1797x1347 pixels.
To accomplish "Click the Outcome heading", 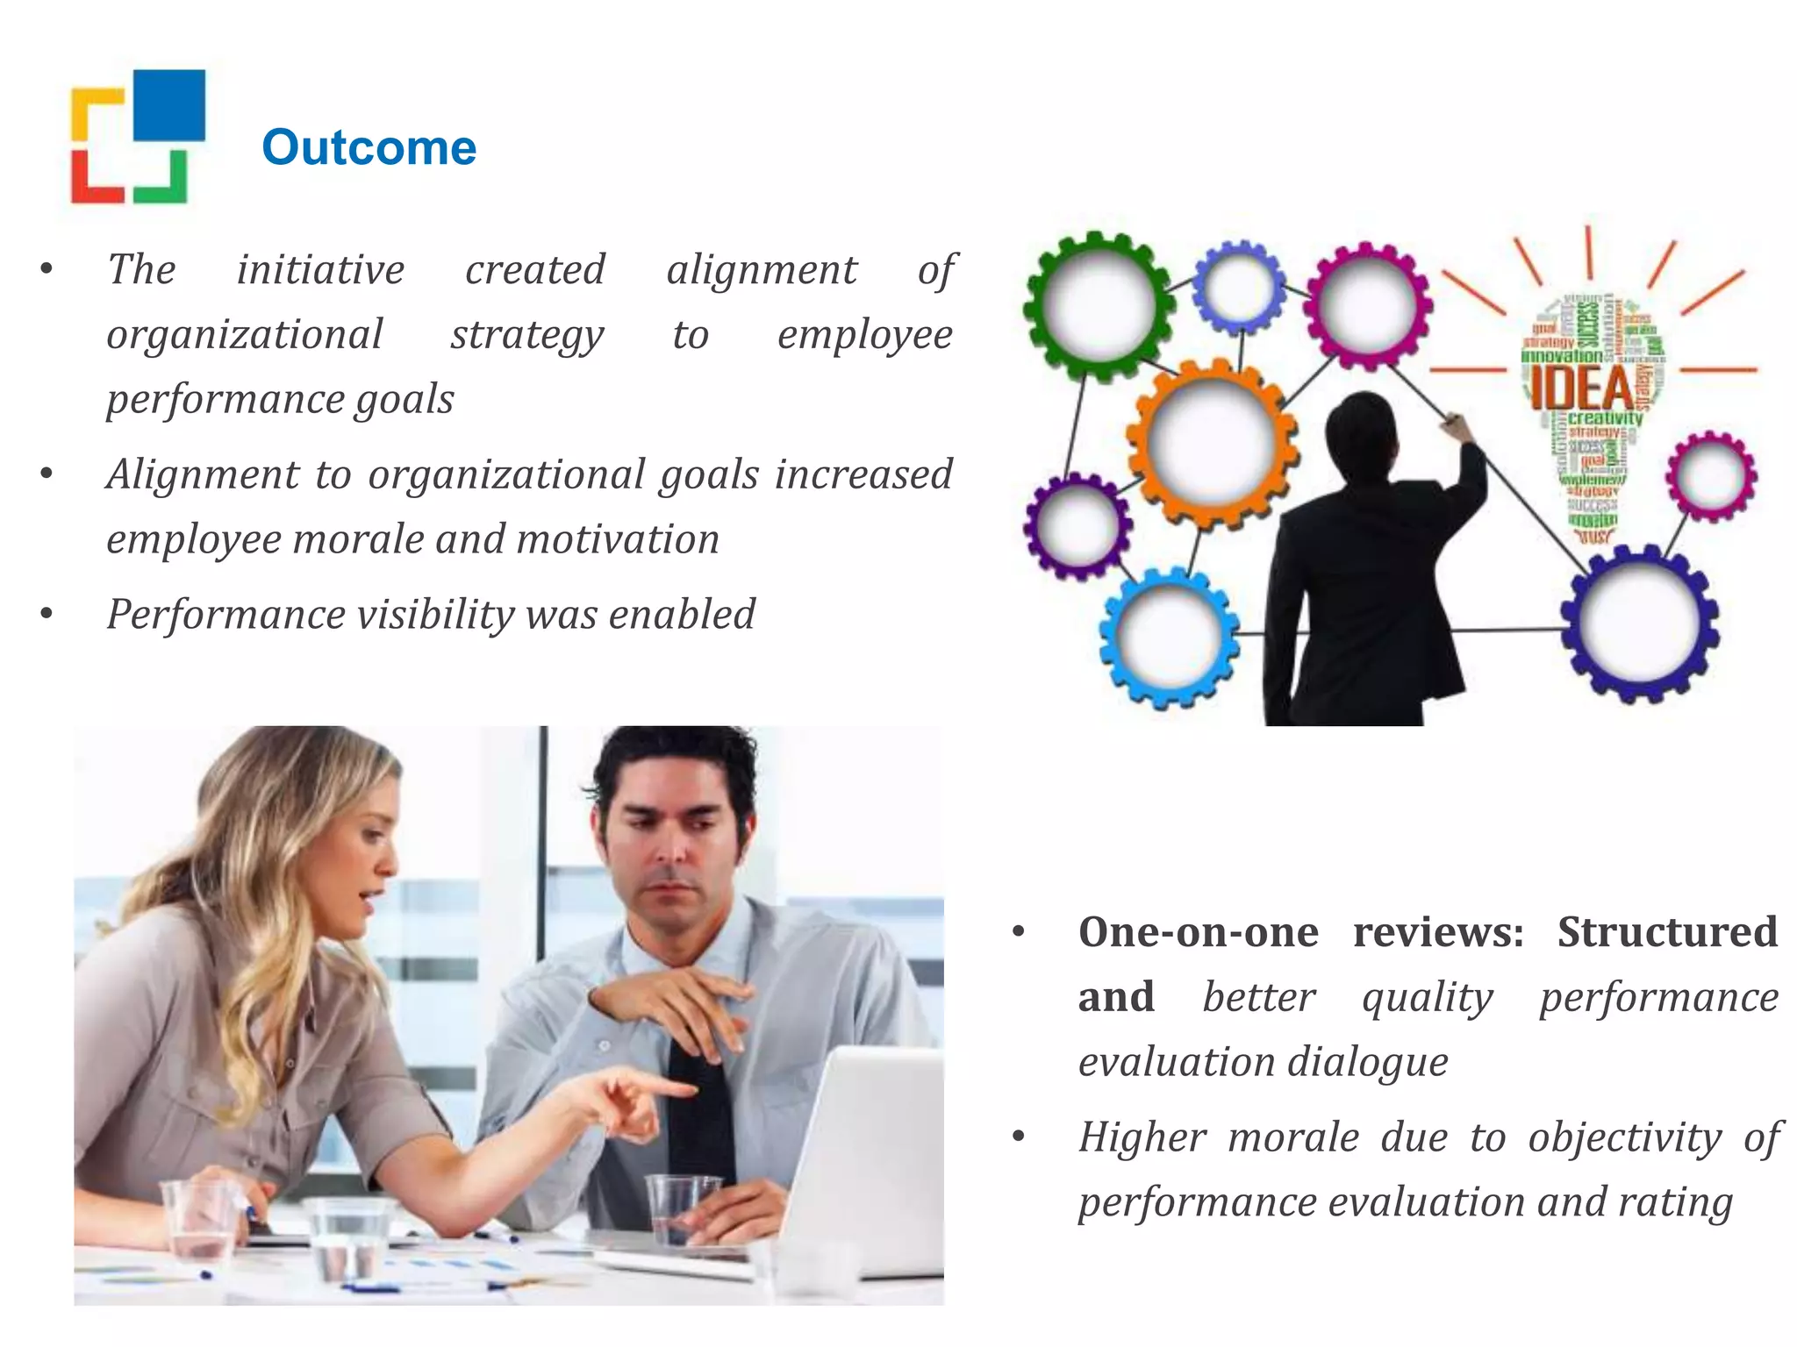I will point(369,147).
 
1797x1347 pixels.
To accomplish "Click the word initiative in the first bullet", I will point(320,270).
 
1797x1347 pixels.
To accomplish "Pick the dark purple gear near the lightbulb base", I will point(1639,623).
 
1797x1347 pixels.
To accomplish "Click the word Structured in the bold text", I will point(1667,932).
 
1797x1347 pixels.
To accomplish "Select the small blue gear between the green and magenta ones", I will point(1239,287).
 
